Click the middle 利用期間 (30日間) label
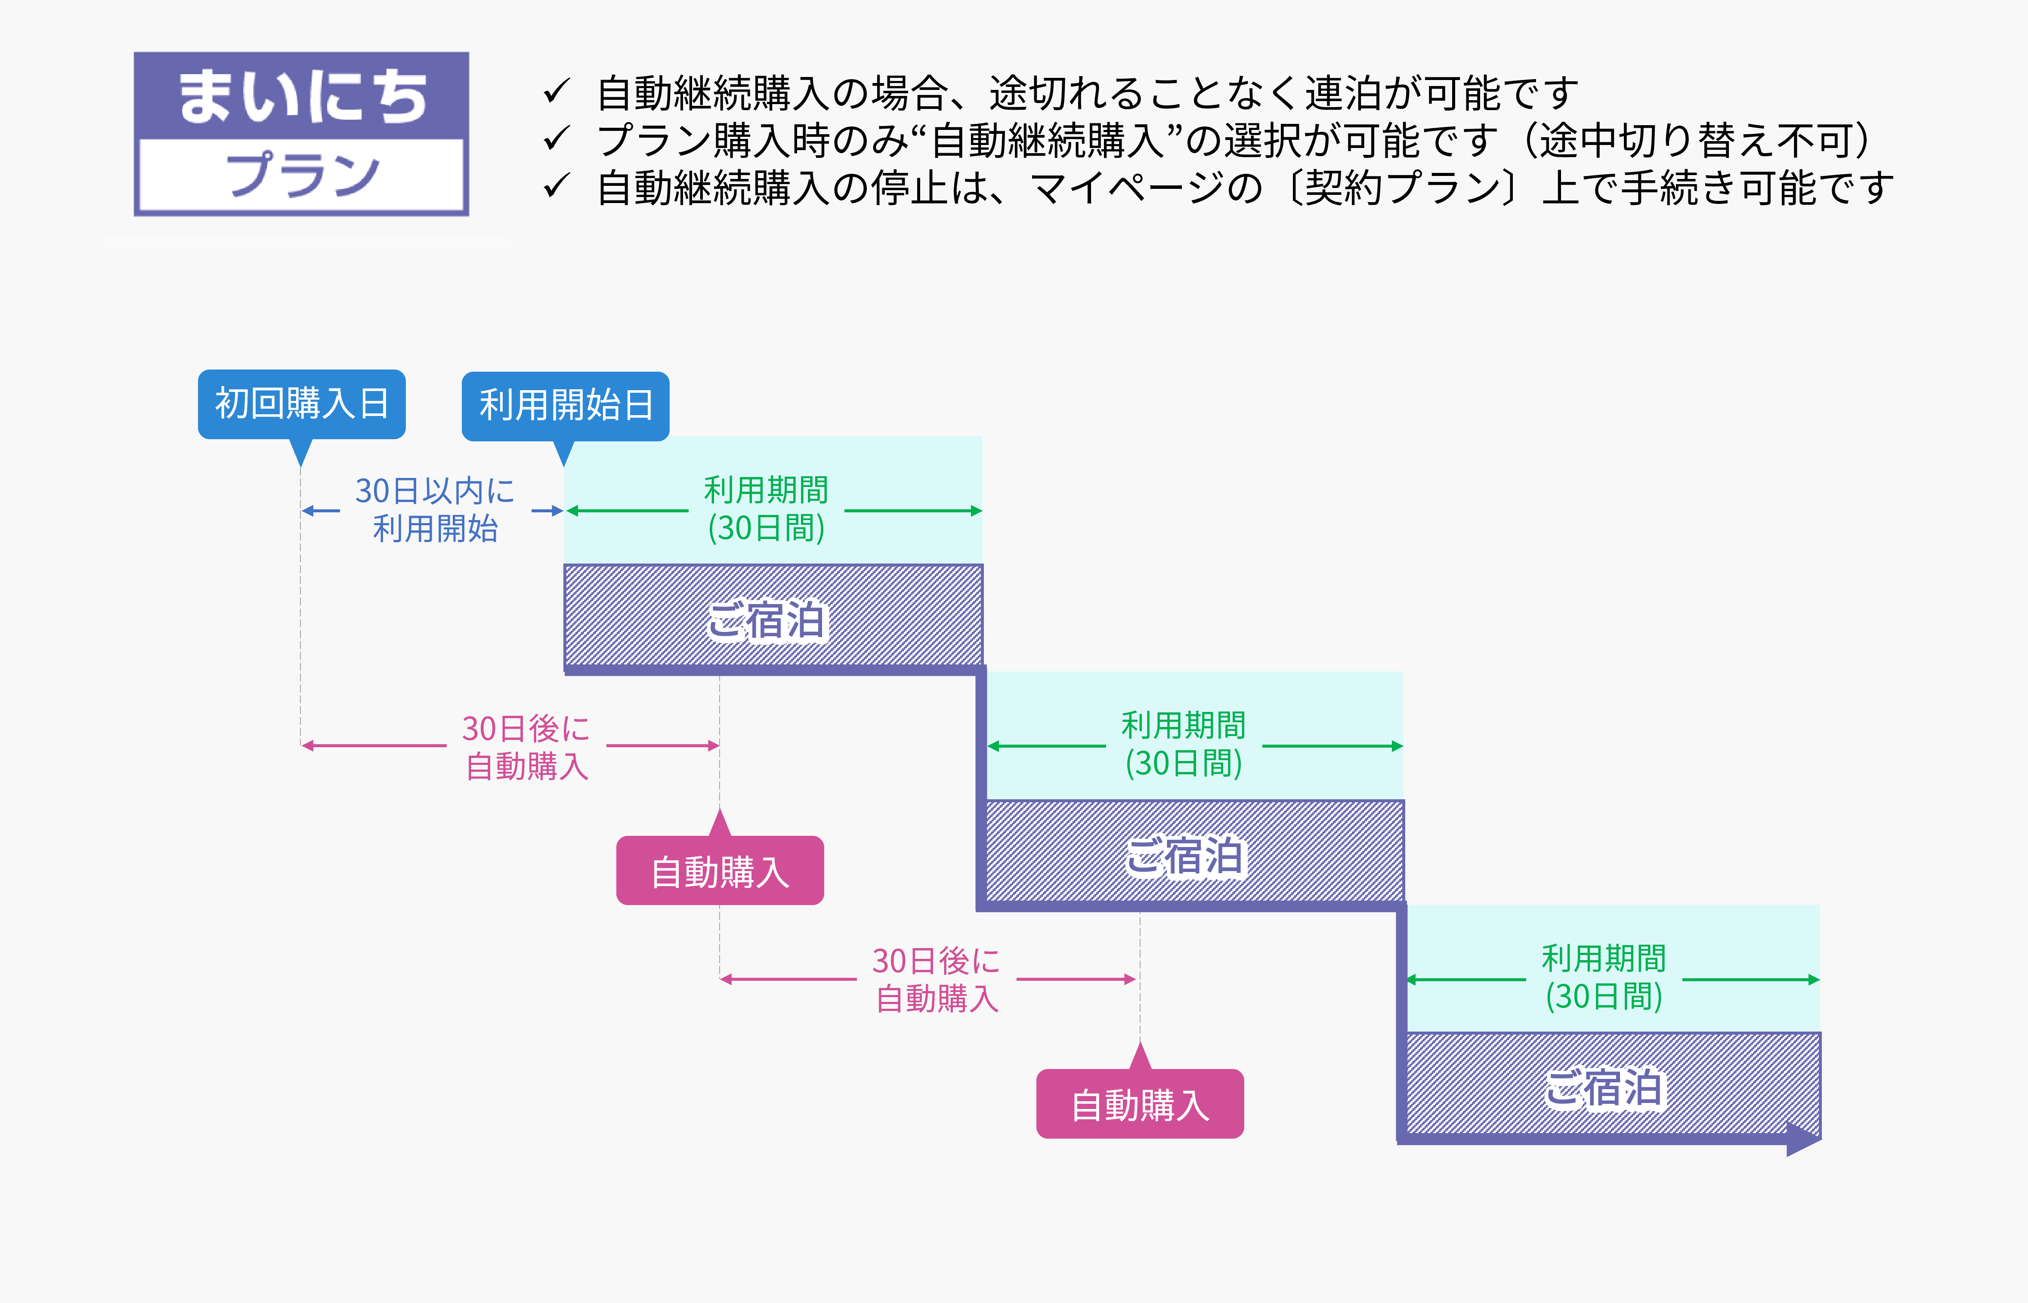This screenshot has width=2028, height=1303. pyautogui.click(x=1183, y=745)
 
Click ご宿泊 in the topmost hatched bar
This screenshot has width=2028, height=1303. pyautogui.click(x=766, y=620)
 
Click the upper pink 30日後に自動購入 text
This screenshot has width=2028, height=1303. pyautogui.click(x=526, y=746)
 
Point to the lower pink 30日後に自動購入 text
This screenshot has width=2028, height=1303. pyautogui.click(x=937, y=979)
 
